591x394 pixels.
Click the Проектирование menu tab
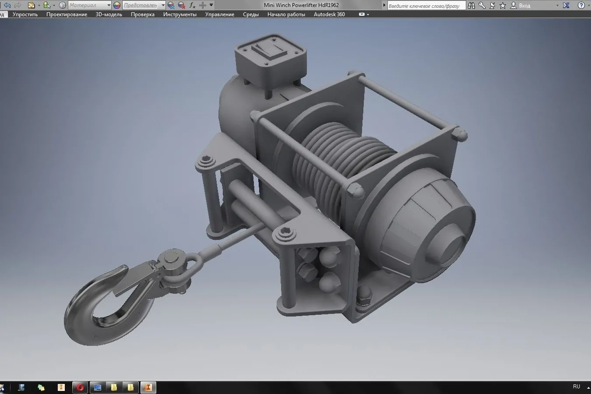67,14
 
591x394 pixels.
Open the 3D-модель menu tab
109,14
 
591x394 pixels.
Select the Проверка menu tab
142,14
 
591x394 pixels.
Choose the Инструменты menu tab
179,14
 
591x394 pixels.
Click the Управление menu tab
219,14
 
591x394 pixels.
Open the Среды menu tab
251,14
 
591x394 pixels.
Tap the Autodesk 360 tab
329,14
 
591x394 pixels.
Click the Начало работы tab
286,14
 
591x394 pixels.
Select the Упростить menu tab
25,14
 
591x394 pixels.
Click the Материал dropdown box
90,5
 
